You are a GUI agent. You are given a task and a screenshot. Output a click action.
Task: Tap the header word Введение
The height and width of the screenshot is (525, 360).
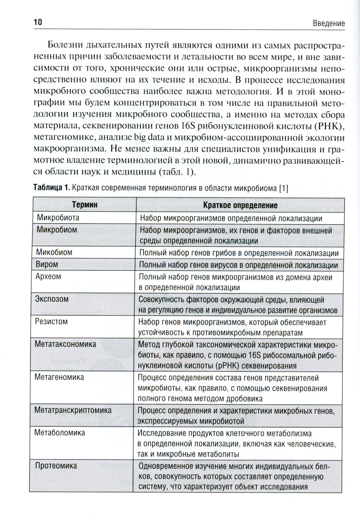[x=329, y=23]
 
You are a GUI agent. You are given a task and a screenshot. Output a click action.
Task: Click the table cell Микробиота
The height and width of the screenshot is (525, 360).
[x=58, y=218]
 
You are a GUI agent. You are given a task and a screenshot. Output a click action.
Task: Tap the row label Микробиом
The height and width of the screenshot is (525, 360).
[x=57, y=230]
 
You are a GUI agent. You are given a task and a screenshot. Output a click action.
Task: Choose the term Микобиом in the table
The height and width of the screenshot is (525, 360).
[x=54, y=252]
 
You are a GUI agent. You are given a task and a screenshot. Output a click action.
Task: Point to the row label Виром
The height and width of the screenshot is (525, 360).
[x=47, y=264]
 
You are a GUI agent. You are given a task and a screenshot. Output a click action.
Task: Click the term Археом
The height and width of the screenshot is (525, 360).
[x=48, y=276]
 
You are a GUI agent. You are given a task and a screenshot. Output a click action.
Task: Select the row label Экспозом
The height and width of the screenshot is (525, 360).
[x=52, y=299]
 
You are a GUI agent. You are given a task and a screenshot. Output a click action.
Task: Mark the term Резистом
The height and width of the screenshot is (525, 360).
[x=51, y=321]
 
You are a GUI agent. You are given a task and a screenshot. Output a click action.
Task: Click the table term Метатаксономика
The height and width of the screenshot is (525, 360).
[x=65, y=344]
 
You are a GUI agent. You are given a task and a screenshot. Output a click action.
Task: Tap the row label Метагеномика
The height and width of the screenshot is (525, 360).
[x=59, y=377]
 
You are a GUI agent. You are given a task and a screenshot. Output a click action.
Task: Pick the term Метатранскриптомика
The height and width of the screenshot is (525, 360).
[x=73, y=410]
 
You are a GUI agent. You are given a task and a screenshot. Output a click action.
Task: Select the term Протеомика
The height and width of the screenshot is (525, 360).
[x=56, y=466]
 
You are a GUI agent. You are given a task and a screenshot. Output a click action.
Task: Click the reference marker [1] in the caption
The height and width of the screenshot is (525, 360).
[x=284, y=188]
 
